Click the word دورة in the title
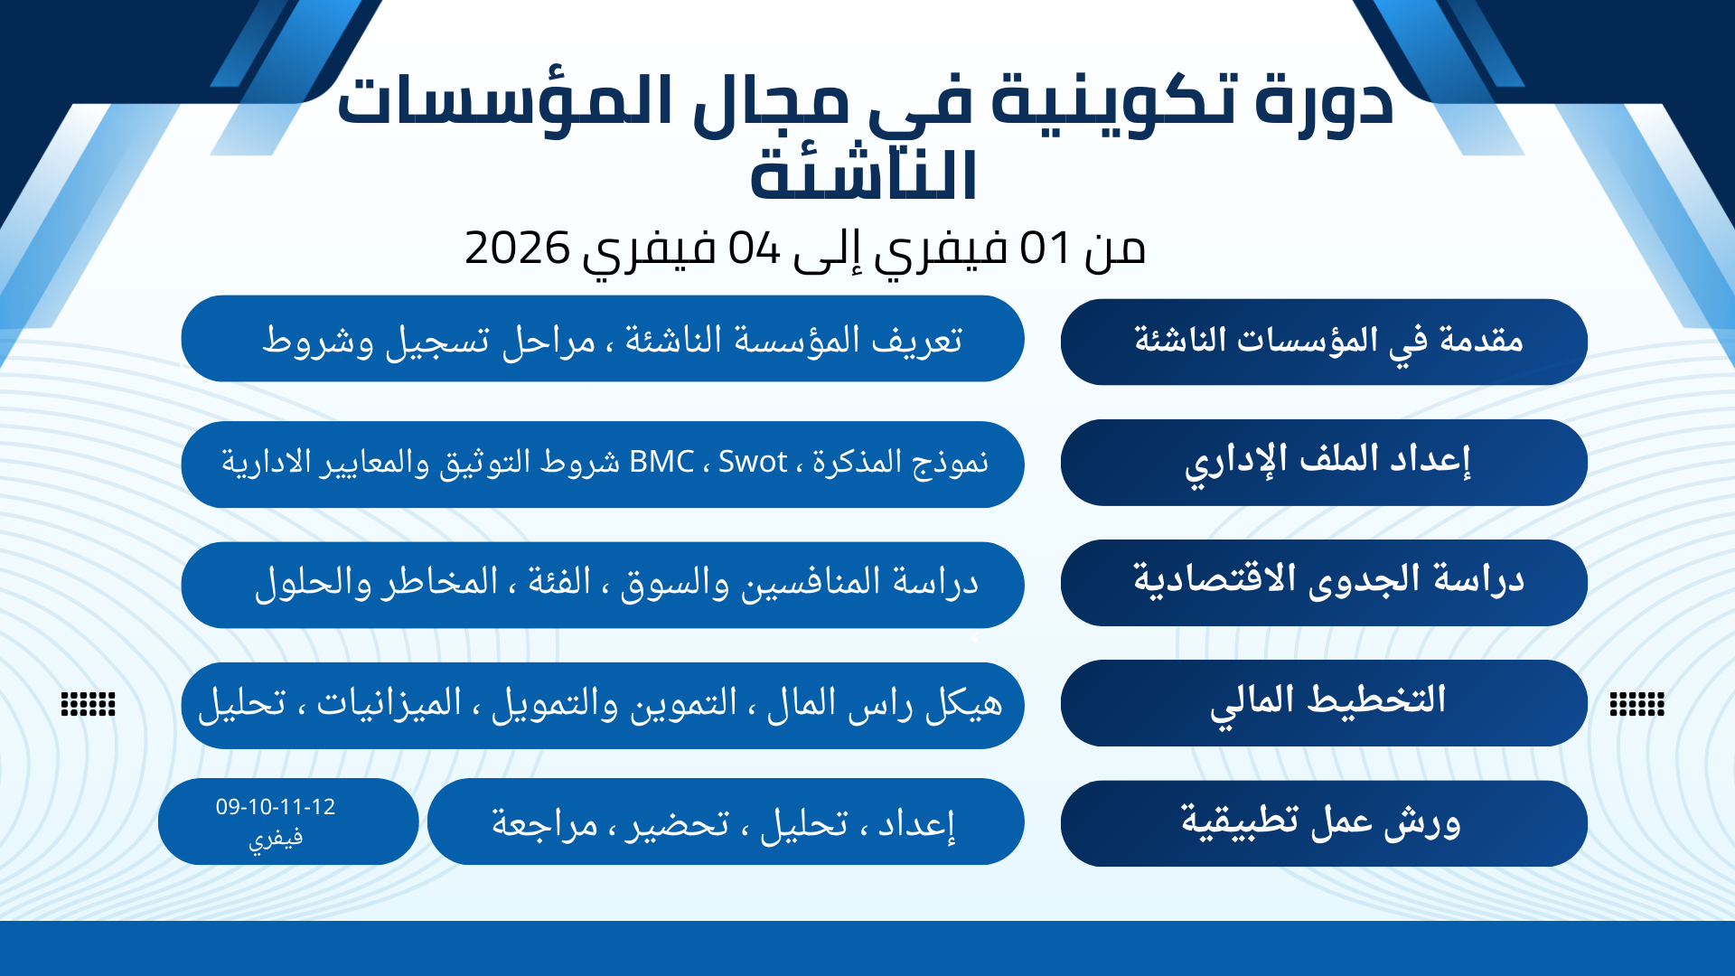pos(1324,101)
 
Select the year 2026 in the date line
pos(518,248)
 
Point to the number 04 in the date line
pos(755,248)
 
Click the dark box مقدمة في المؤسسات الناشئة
pos(1324,342)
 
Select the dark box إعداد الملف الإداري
pos(1324,462)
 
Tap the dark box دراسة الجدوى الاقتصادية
pos(1324,582)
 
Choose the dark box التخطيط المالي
pos(1324,702)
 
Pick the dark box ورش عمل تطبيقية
pos(1324,823)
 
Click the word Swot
pos(753,462)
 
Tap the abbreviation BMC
pos(661,462)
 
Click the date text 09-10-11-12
pos(276,807)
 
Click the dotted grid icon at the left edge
pos(88,703)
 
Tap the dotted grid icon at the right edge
pos(1637,703)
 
